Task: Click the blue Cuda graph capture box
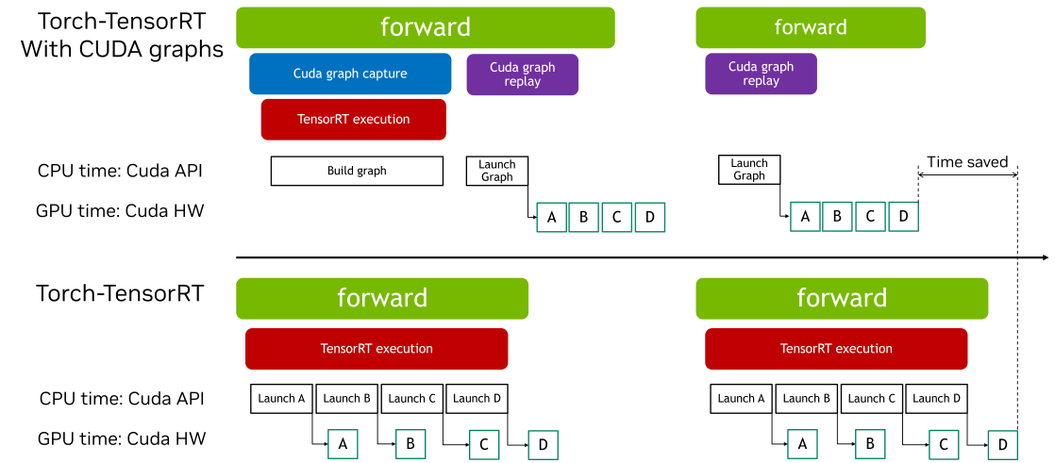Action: pyautogui.click(x=350, y=74)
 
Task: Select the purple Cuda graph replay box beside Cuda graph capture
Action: pyautogui.click(x=522, y=74)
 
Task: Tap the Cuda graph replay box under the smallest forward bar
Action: pyautogui.click(x=761, y=74)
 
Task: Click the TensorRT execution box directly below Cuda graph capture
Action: pyautogui.click(x=353, y=119)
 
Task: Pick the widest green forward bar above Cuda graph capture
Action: pyautogui.click(x=425, y=27)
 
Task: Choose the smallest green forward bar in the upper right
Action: pyautogui.click(x=811, y=27)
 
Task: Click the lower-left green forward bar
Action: pyautogui.click(x=382, y=298)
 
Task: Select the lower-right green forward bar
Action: pyautogui.click(x=842, y=298)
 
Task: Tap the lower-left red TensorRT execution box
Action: pyautogui.click(x=377, y=349)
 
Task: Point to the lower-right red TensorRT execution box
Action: pyautogui.click(x=836, y=349)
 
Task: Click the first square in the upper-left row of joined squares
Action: pyautogui.click(x=552, y=217)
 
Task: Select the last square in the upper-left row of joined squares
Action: pyautogui.click(x=650, y=217)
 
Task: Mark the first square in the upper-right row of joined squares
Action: pyautogui.click(x=805, y=217)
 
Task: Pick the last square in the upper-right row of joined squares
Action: pyautogui.click(x=903, y=217)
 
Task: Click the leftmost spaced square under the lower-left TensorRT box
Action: pyautogui.click(x=343, y=444)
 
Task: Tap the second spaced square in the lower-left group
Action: pyautogui.click(x=410, y=444)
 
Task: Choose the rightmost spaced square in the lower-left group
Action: pyautogui.click(x=543, y=444)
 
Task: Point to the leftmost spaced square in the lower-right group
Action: pyautogui.click(x=802, y=444)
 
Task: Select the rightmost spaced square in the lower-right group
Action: pyautogui.click(x=1002, y=444)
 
